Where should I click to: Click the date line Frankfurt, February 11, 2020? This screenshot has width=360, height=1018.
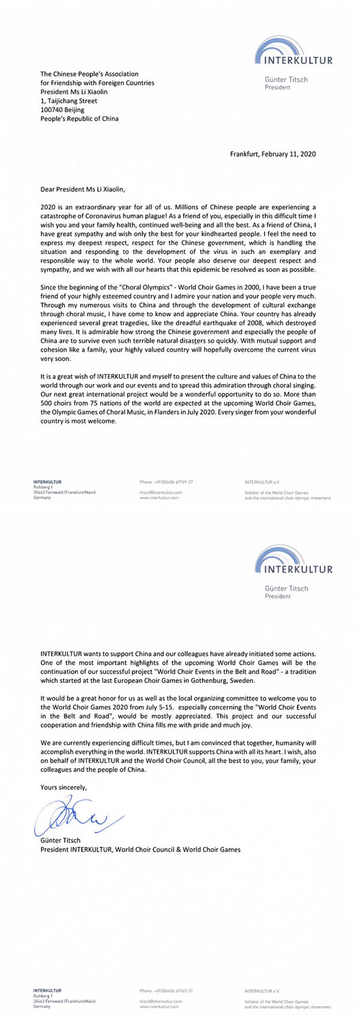pos(273,154)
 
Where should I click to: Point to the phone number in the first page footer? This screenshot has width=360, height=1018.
pos(166,481)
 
